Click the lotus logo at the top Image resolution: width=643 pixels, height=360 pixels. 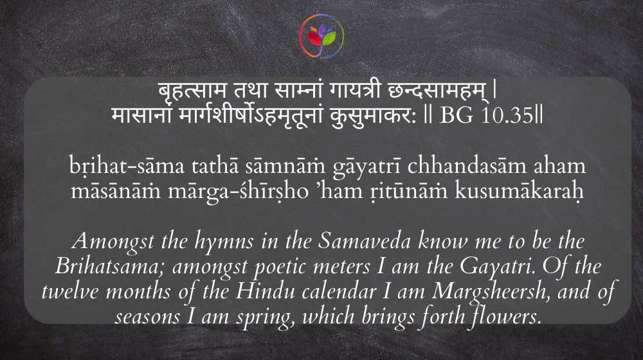(x=321, y=36)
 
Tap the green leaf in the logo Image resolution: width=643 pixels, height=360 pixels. (x=329, y=39)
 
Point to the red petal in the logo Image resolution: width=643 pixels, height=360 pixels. (x=314, y=39)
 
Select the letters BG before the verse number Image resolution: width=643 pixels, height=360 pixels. (x=456, y=116)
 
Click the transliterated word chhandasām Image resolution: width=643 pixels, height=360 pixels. (x=467, y=165)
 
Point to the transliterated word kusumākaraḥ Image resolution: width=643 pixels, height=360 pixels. (x=520, y=190)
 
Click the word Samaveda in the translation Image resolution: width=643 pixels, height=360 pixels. (x=365, y=241)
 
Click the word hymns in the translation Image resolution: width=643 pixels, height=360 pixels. (x=224, y=242)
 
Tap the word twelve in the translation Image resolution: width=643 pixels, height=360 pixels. (x=71, y=291)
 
